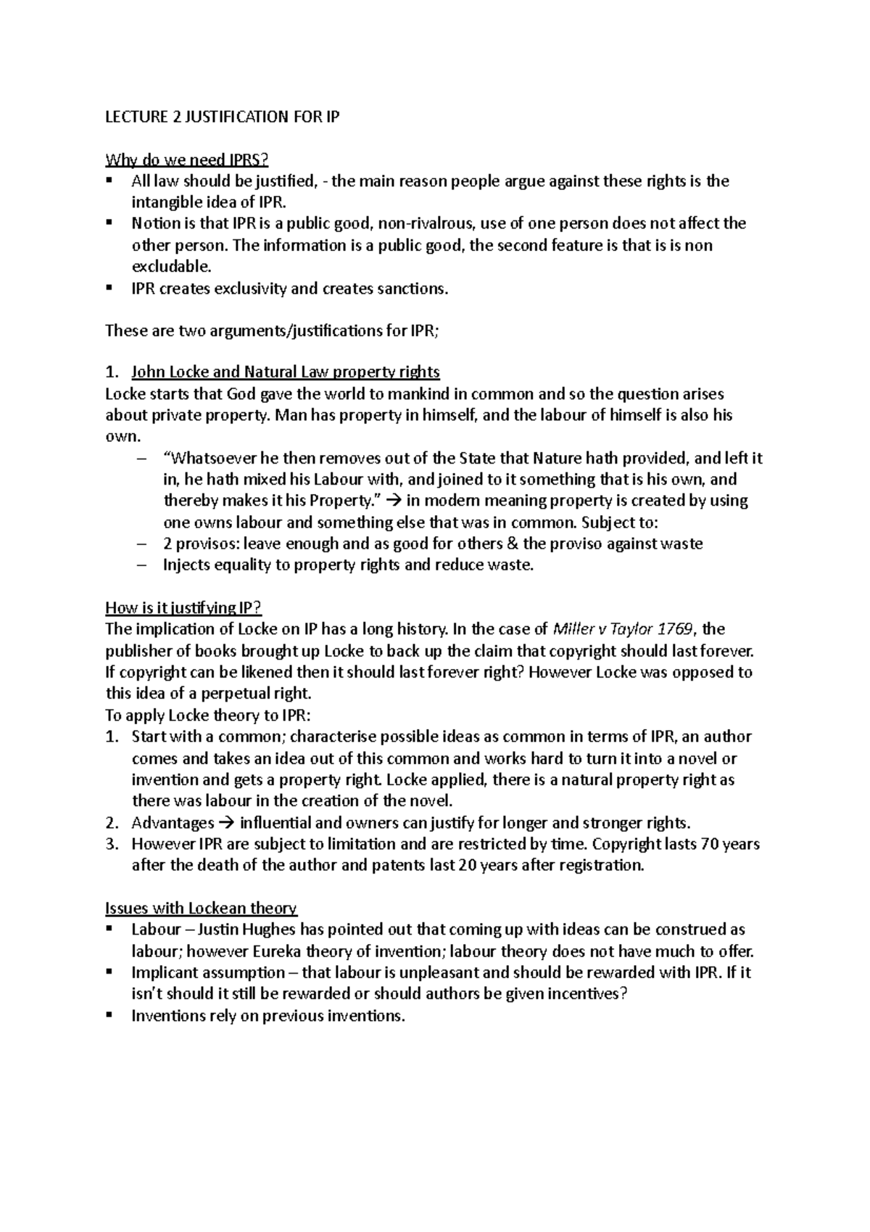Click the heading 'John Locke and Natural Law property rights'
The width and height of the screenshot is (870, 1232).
click(x=285, y=372)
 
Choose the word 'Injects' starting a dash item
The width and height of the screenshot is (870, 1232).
click(x=188, y=565)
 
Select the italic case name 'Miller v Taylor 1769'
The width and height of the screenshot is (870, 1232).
click(x=623, y=629)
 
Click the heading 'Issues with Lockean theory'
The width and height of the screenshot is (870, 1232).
click(x=201, y=908)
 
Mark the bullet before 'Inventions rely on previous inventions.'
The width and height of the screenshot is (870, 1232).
click(x=109, y=1015)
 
